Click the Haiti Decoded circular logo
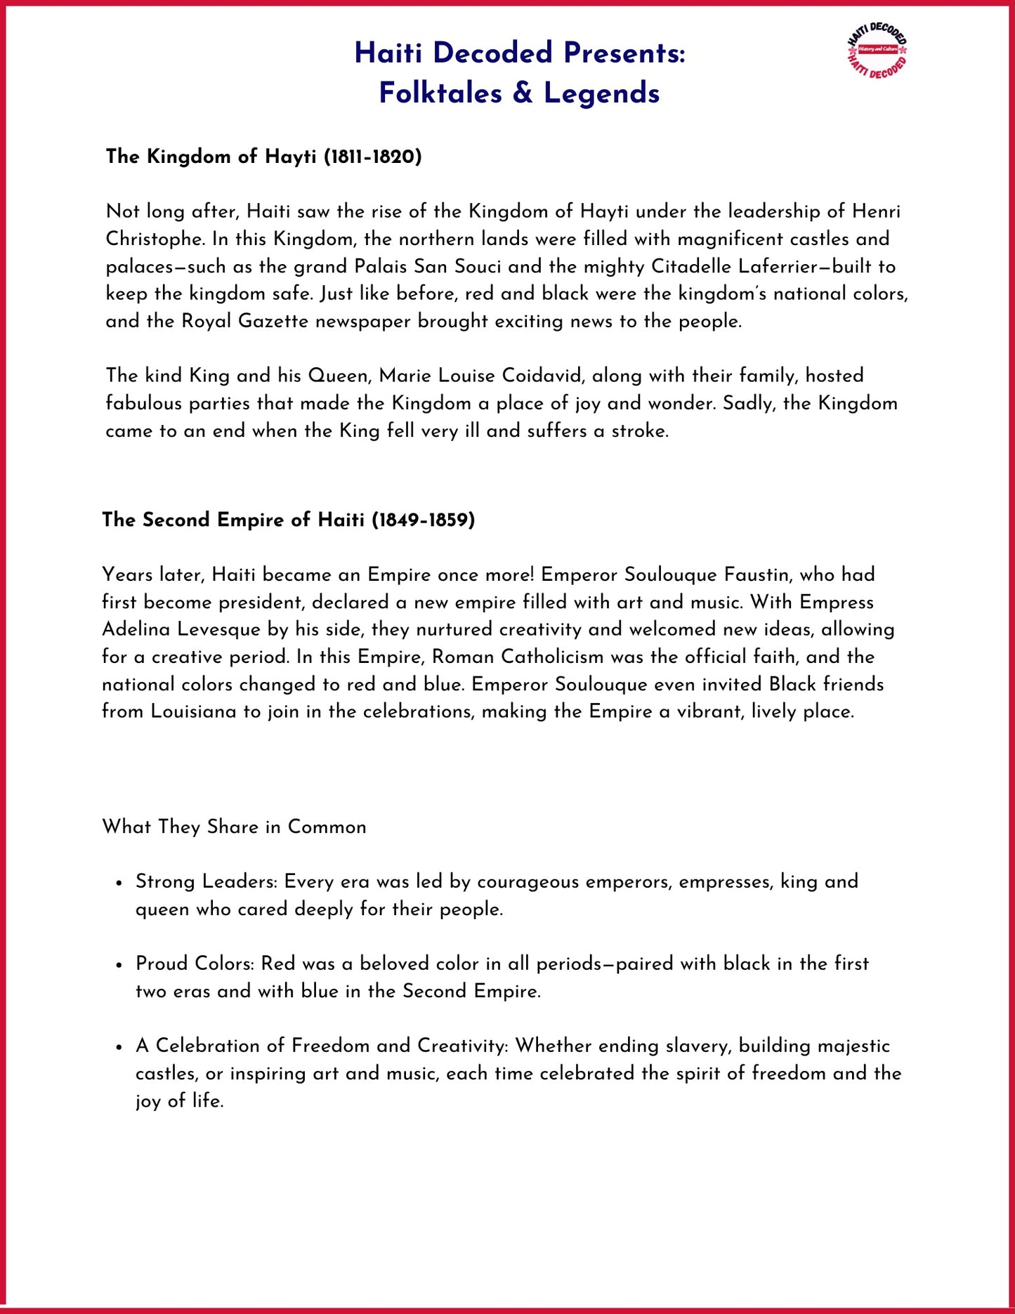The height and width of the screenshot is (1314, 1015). coord(877,50)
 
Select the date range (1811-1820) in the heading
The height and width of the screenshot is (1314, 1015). coord(372,157)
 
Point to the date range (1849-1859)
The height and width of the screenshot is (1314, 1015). coord(423,520)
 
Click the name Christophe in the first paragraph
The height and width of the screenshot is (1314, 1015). coord(155,239)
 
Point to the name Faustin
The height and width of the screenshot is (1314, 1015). coord(754,575)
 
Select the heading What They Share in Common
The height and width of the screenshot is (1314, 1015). coord(234,827)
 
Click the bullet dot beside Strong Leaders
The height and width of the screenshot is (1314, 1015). coord(119,883)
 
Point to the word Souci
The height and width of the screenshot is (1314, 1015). coord(477,267)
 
